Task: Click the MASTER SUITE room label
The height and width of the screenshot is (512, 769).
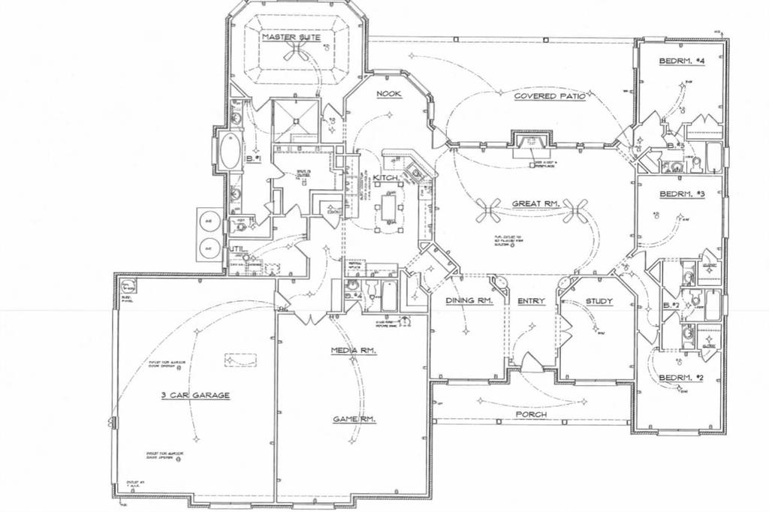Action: point(291,37)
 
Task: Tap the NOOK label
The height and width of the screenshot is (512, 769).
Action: point(390,94)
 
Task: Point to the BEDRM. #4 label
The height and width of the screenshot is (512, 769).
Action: point(681,61)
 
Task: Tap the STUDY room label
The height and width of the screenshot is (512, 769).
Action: point(599,302)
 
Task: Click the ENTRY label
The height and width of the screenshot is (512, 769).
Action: point(531,302)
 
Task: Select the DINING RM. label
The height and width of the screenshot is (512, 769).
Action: point(469,302)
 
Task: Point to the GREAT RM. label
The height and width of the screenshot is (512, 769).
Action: point(533,203)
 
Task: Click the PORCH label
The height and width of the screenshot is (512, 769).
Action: point(530,414)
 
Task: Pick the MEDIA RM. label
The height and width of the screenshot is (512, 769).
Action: point(354,351)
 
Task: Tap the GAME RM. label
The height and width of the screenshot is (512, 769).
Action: point(354,419)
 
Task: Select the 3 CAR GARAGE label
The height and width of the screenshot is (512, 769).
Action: point(194,395)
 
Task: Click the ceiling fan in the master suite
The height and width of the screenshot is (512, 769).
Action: point(299,50)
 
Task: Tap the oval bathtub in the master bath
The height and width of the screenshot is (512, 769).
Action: point(227,152)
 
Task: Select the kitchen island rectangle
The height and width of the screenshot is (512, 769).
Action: point(389,206)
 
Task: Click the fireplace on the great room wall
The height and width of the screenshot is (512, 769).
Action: point(530,144)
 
